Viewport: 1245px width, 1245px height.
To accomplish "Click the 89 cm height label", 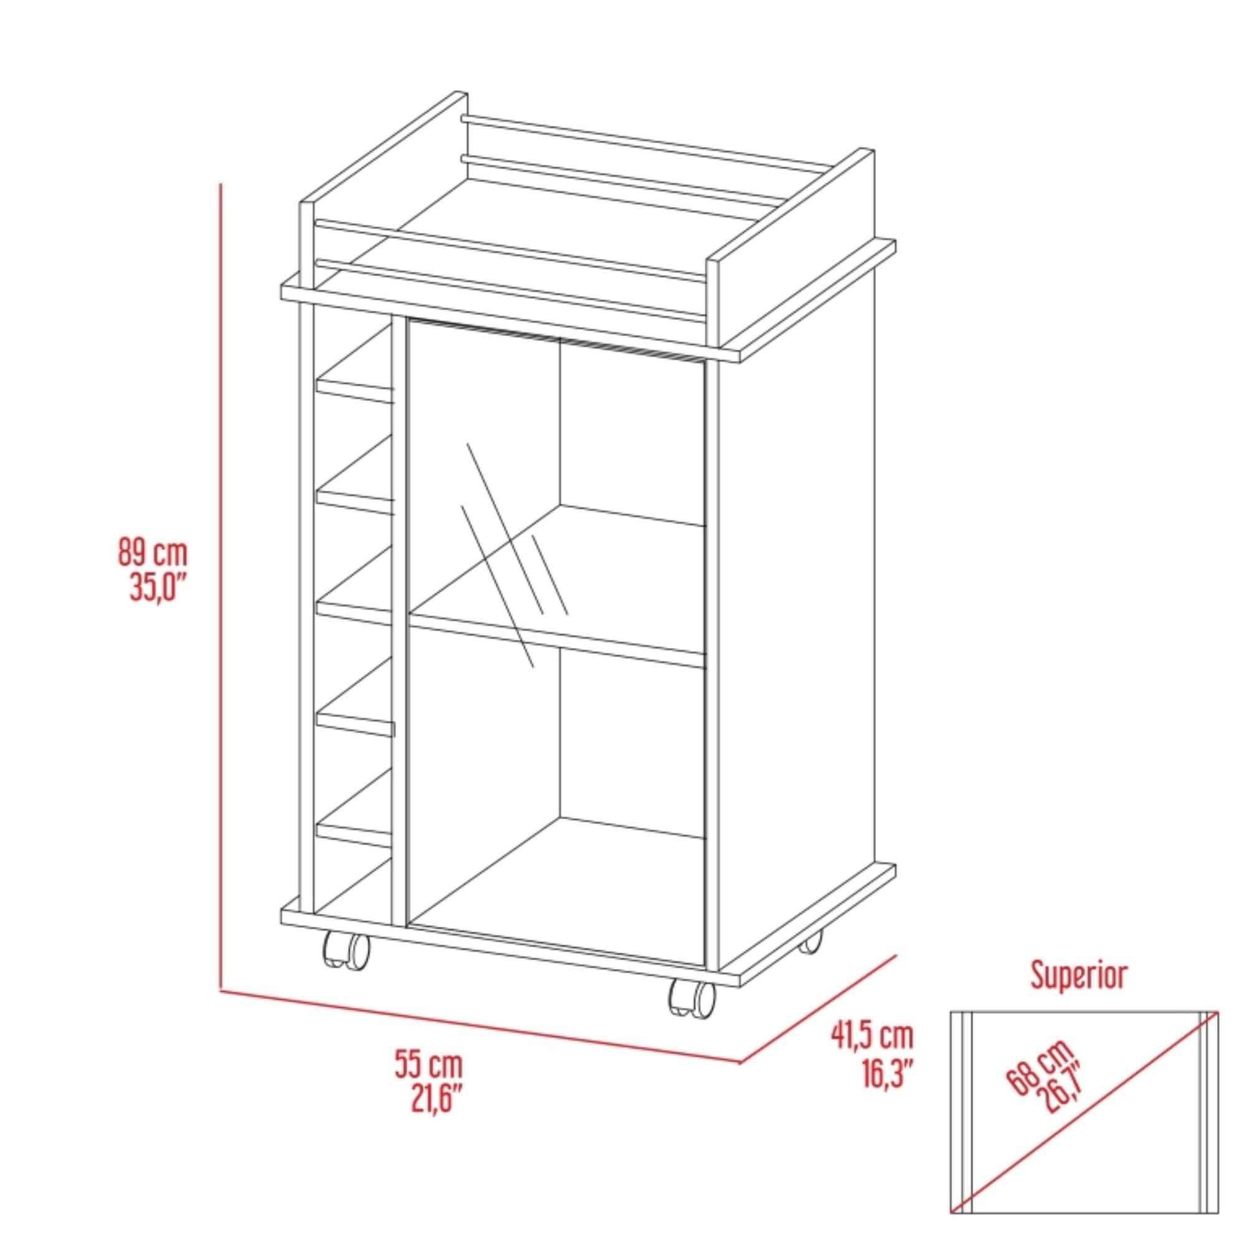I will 152,553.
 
